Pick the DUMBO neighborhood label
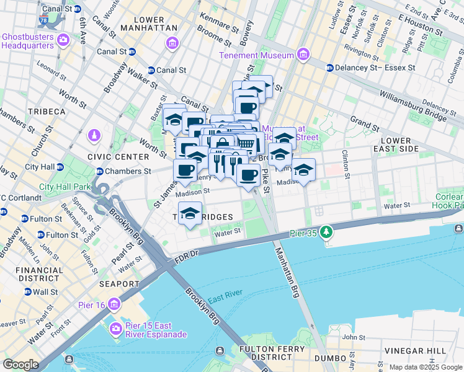coord(330,358)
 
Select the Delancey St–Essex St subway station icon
coord(330,68)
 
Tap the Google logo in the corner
coord(20,365)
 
